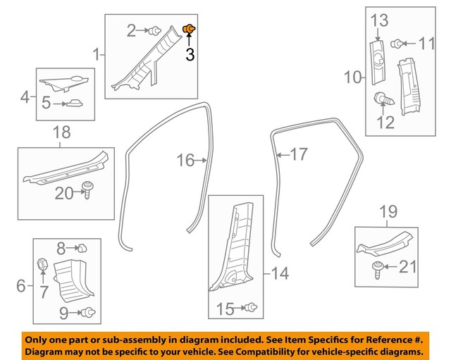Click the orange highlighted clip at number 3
[x=188, y=28]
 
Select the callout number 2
[x=131, y=30]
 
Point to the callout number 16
[x=185, y=161]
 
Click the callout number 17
[x=299, y=154]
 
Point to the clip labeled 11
[x=398, y=44]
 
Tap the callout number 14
[x=280, y=273]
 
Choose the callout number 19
[x=388, y=211]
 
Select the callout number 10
[x=352, y=75]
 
